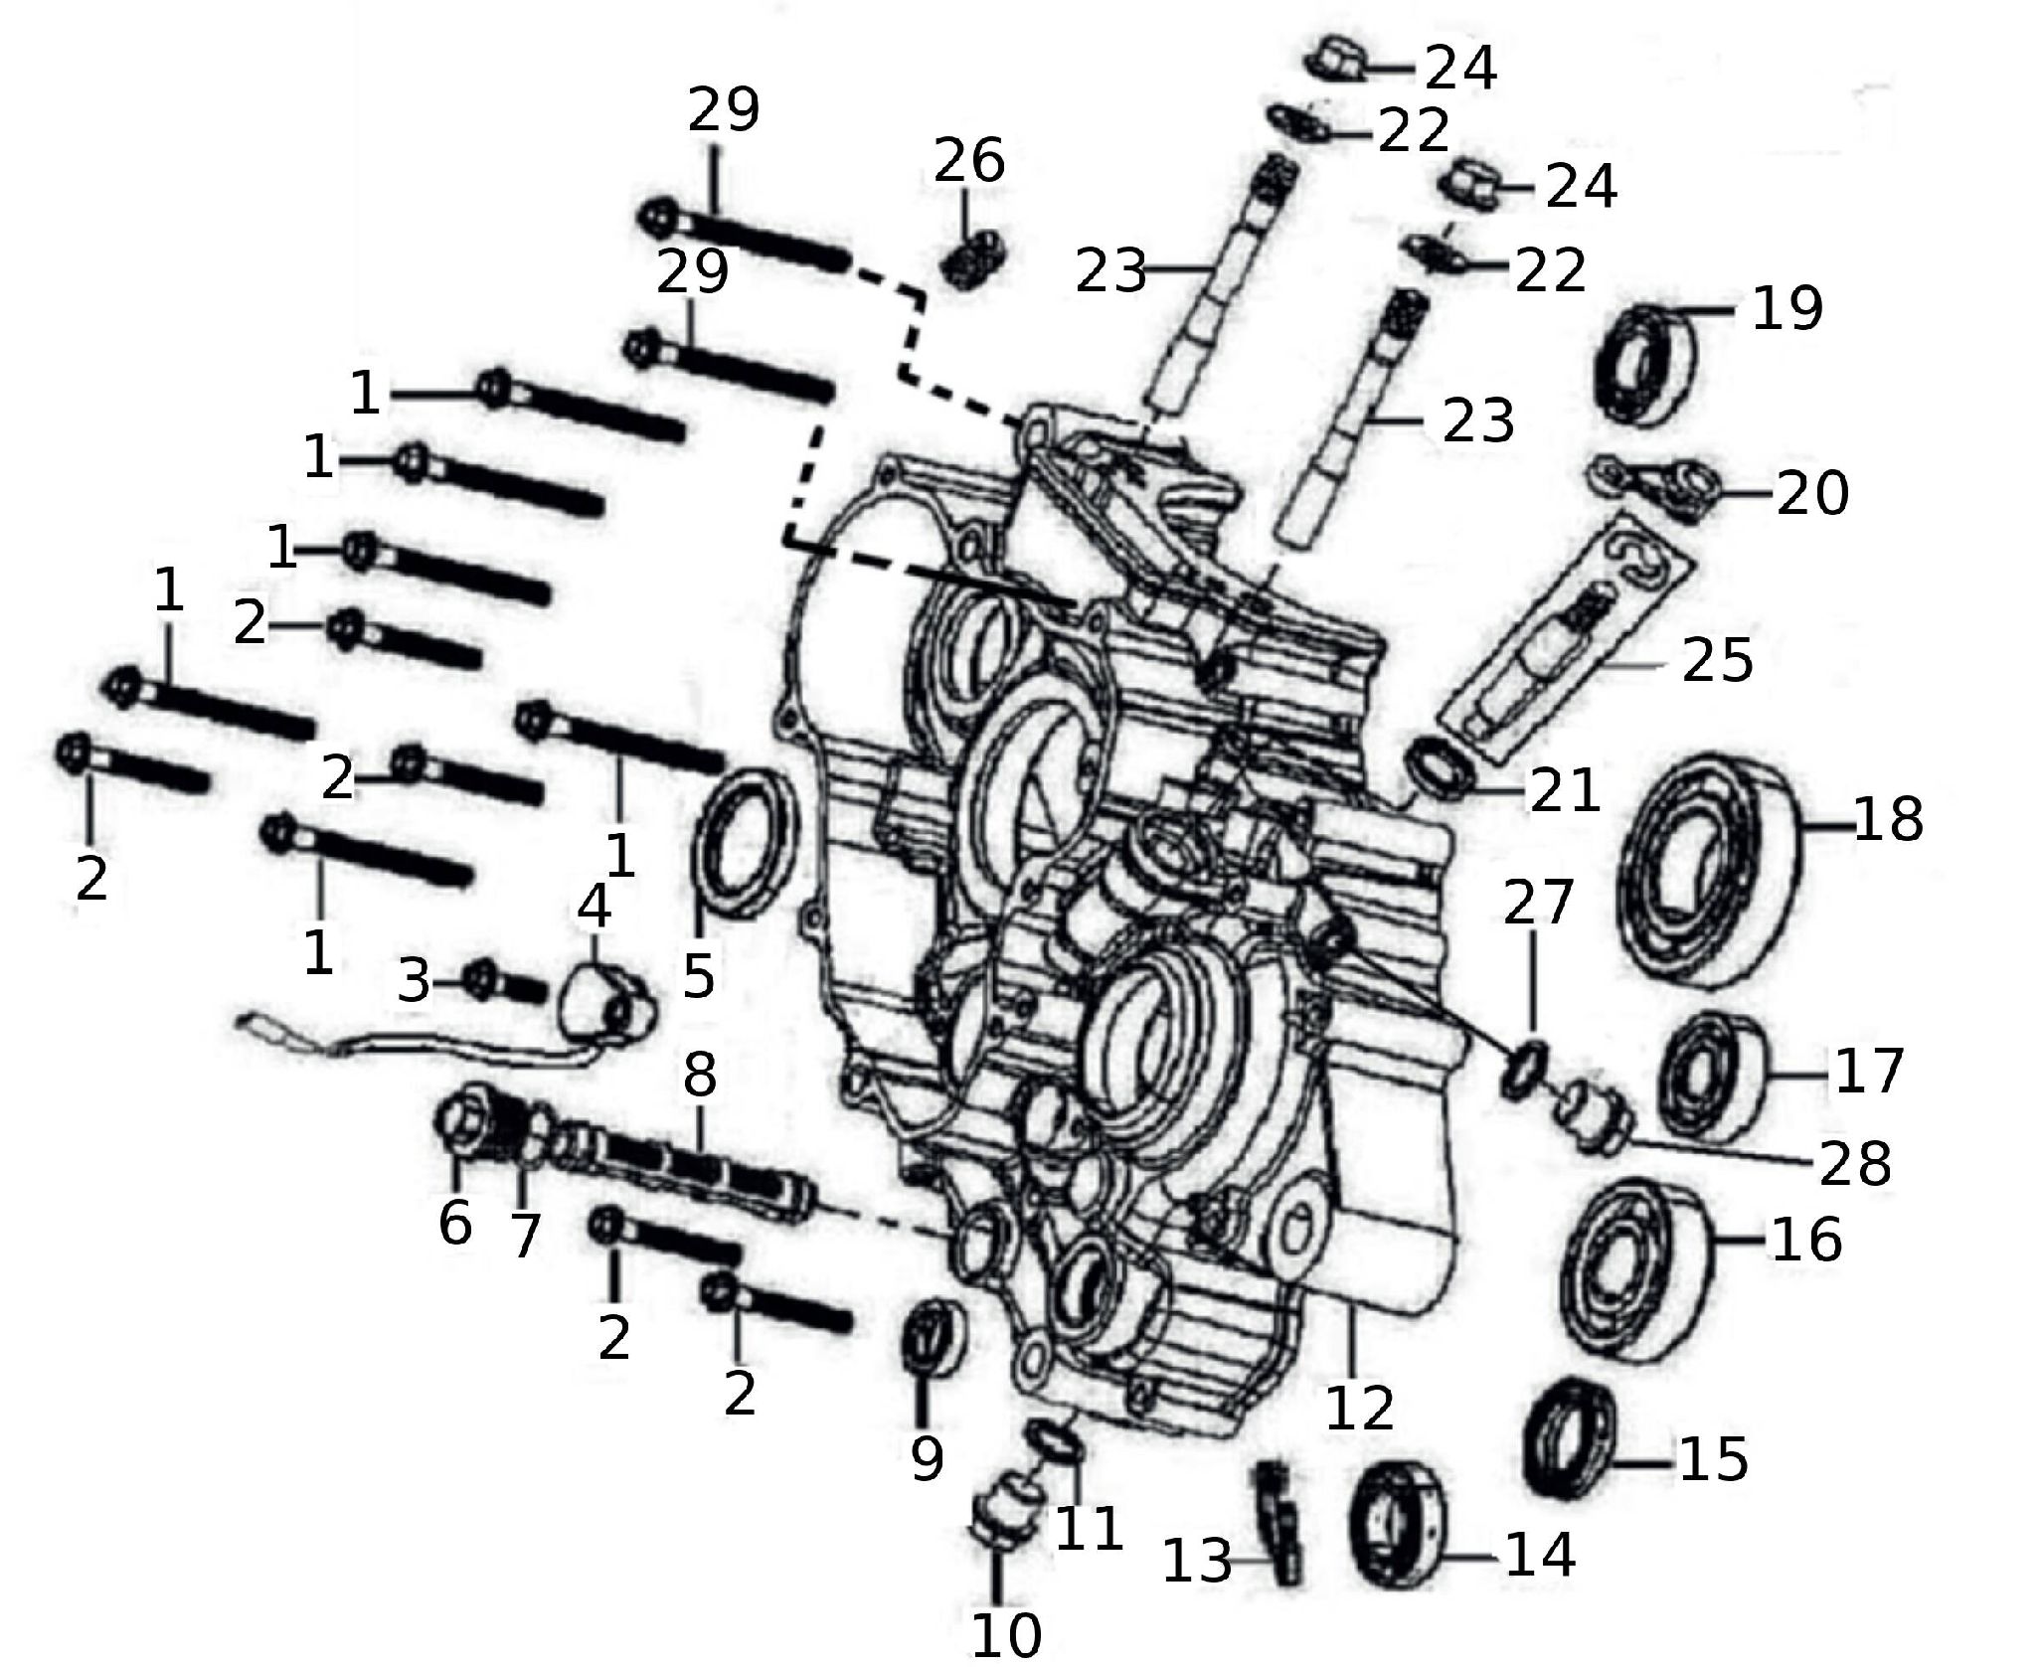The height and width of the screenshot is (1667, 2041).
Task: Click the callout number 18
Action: click(x=1889, y=821)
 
